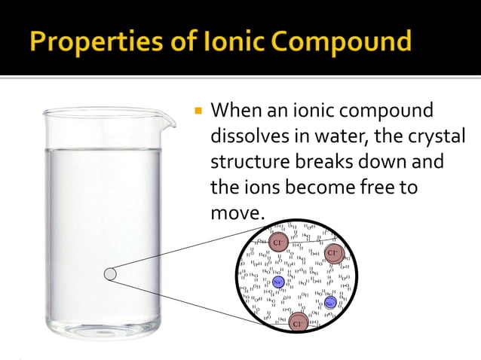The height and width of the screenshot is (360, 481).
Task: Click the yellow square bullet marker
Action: [x=198, y=111]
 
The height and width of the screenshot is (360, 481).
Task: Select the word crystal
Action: [x=436, y=136]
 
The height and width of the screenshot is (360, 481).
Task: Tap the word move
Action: [x=235, y=213]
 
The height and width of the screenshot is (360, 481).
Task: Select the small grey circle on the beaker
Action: [x=111, y=274]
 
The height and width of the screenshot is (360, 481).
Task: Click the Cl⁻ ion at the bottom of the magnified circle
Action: [x=299, y=324]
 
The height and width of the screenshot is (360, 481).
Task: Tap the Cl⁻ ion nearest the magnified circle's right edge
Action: [x=334, y=253]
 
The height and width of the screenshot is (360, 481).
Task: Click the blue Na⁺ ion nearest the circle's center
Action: [x=277, y=282]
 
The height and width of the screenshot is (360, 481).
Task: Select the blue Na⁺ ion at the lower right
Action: [x=330, y=303]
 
